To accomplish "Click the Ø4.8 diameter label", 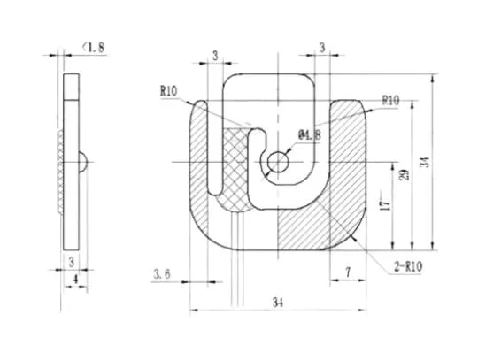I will (x=311, y=134).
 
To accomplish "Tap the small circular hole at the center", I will (x=279, y=162).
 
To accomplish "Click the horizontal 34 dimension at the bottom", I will (x=277, y=303).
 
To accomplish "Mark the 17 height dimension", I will (x=382, y=203).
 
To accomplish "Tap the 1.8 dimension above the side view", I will (x=95, y=48).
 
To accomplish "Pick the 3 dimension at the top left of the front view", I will (x=215, y=56).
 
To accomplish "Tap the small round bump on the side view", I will (x=82, y=162).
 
